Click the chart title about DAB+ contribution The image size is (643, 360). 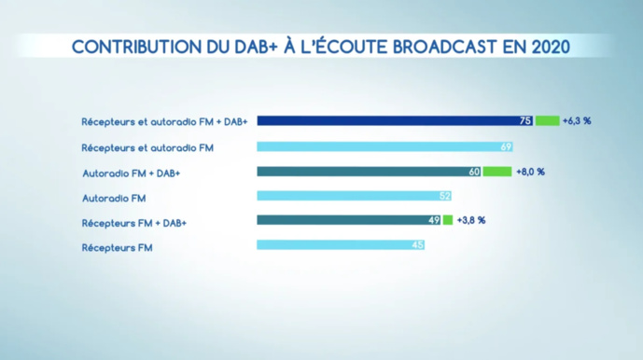coord(321,47)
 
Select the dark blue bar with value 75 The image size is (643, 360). coord(392,121)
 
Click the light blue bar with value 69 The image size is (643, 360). coord(383,146)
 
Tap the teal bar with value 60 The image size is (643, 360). coord(369,172)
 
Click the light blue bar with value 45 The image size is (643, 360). coord(341,245)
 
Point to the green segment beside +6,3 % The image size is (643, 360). coord(548,121)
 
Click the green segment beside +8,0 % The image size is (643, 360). coord(497,172)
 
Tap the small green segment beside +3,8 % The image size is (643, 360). coord(448,220)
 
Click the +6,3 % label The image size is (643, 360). coord(578,121)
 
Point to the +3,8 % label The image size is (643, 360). coord(471,220)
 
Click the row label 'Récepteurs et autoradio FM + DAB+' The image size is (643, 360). coord(164,122)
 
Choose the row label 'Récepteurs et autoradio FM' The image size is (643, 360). coord(147,147)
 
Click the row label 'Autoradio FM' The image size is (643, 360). coord(114,198)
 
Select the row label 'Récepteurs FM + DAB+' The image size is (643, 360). coord(134,222)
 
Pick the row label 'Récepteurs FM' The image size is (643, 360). coord(117,247)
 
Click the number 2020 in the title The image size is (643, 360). coord(547,47)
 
